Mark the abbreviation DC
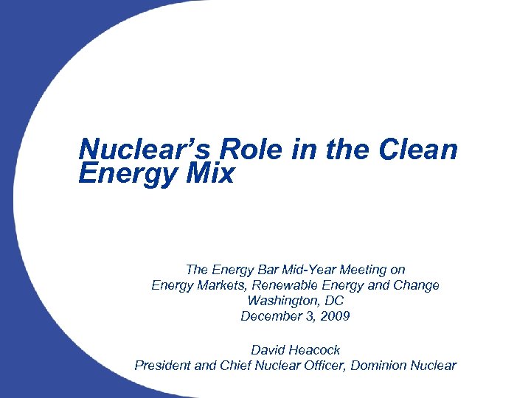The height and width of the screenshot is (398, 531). [333, 301]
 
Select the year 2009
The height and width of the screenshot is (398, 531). [334, 316]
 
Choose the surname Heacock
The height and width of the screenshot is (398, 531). [315, 349]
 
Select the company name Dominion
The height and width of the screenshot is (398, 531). [385, 365]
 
